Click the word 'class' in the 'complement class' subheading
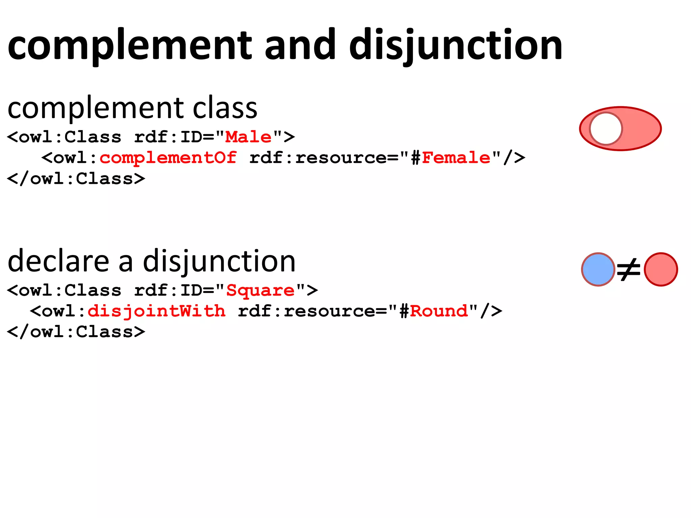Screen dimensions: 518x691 [x=225, y=109]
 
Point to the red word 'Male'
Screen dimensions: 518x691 [x=248, y=137]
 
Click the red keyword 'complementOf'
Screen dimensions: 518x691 [x=168, y=158]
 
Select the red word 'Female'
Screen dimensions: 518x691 [x=456, y=158]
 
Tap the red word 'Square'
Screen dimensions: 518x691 [x=260, y=290]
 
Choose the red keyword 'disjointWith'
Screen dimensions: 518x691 [x=157, y=311]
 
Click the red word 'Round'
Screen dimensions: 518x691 [x=439, y=311]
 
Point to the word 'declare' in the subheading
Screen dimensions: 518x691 [x=58, y=261]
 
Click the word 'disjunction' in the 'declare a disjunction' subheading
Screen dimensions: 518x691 [x=219, y=261]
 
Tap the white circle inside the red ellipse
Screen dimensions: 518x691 [x=606, y=128]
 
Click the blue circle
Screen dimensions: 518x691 [x=598, y=269]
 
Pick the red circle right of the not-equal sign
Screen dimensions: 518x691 [x=661, y=269]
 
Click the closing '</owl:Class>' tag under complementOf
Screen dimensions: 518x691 [x=76, y=179]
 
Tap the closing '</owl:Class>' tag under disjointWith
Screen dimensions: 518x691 [x=76, y=332]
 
